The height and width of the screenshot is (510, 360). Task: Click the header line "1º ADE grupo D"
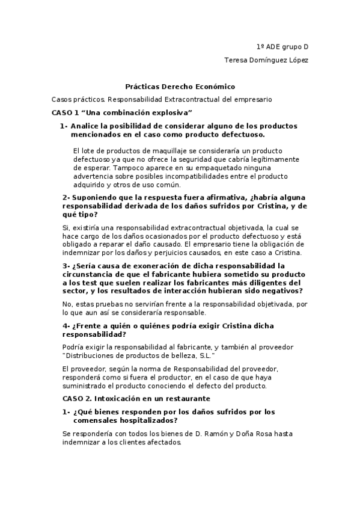[x=282, y=46]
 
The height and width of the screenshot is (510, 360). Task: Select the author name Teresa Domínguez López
[x=266, y=60]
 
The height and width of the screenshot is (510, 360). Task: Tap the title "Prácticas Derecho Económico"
[x=180, y=87]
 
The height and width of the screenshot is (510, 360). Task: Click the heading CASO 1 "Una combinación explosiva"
[x=122, y=112]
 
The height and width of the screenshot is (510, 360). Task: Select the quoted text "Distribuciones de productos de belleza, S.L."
[x=139, y=355]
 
